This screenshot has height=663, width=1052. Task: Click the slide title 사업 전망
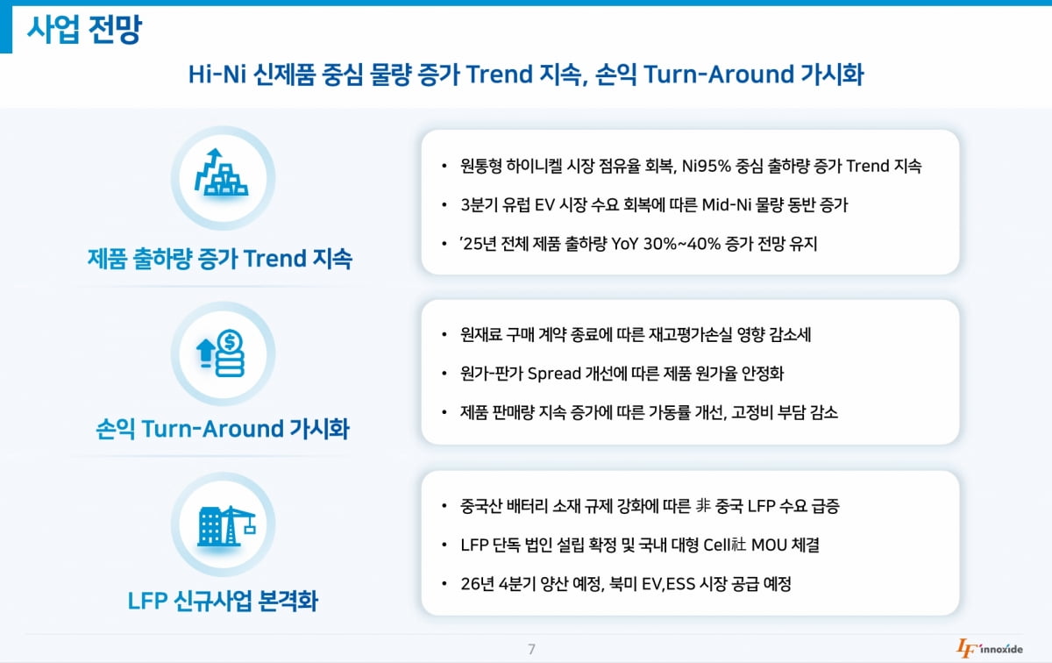tap(84, 31)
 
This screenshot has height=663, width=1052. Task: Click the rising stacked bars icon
tap(221, 173)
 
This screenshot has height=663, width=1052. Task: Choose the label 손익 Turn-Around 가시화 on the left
tap(222, 430)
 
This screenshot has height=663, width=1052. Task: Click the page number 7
tap(531, 649)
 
